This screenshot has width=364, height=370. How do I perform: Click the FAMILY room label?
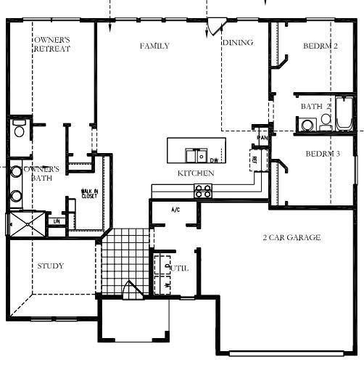(x=154, y=46)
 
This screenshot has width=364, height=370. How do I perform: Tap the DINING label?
(x=238, y=43)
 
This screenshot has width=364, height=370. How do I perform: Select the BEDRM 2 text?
(x=320, y=46)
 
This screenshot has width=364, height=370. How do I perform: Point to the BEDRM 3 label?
(x=323, y=154)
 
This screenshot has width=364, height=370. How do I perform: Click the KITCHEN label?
(x=196, y=174)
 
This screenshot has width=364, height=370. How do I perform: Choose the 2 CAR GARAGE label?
(x=291, y=238)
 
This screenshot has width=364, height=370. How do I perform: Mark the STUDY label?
(x=50, y=266)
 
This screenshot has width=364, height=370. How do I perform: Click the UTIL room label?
(x=179, y=268)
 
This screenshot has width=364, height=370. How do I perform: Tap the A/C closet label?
(x=175, y=211)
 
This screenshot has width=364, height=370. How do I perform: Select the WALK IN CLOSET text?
(x=89, y=194)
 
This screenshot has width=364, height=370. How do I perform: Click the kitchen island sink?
(x=194, y=155)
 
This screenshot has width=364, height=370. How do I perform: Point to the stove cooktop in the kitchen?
(x=203, y=192)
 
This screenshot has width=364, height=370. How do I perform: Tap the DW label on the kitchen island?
(x=214, y=160)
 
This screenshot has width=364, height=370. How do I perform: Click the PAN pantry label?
(x=262, y=137)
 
